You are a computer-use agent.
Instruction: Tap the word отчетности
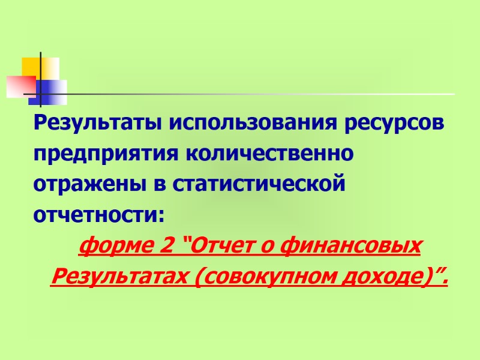tap(96, 214)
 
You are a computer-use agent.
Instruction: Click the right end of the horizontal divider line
tap(453, 94)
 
